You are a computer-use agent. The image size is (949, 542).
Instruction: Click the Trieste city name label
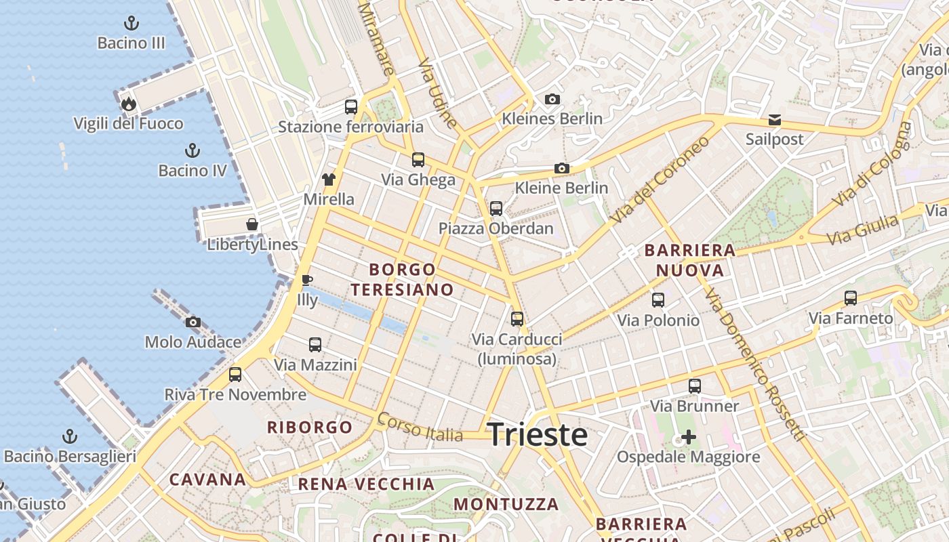[538, 434]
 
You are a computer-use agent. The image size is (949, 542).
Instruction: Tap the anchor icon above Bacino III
[132, 24]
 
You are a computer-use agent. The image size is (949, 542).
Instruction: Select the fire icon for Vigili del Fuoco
[128, 104]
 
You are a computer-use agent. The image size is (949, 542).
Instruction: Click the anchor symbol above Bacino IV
[193, 150]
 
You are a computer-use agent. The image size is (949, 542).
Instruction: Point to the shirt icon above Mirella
[329, 180]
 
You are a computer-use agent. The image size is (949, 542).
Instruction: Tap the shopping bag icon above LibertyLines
[252, 224]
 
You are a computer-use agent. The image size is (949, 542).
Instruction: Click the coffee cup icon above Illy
[307, 280]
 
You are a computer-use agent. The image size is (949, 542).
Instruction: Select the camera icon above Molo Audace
[193, 322]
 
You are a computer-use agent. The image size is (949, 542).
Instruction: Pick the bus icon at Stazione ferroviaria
[351, 106]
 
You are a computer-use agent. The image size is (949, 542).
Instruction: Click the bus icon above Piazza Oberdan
[496, 208]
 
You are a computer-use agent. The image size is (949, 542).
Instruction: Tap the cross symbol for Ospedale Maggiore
[689, 437]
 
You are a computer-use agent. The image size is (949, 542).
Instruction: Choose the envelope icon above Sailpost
[774, 120]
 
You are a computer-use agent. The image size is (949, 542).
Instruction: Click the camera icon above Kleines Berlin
[552, 100]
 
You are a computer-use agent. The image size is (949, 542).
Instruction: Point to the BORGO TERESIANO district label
[403, 279]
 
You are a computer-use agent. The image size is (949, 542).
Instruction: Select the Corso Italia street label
[420, 426]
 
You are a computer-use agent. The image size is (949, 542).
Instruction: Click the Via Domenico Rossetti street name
[753, 363]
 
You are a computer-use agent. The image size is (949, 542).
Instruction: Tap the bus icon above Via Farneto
[851, 298]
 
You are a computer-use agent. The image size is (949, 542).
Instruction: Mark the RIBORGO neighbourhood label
[310, 428]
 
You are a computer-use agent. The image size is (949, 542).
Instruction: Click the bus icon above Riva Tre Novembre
[235, 375]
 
